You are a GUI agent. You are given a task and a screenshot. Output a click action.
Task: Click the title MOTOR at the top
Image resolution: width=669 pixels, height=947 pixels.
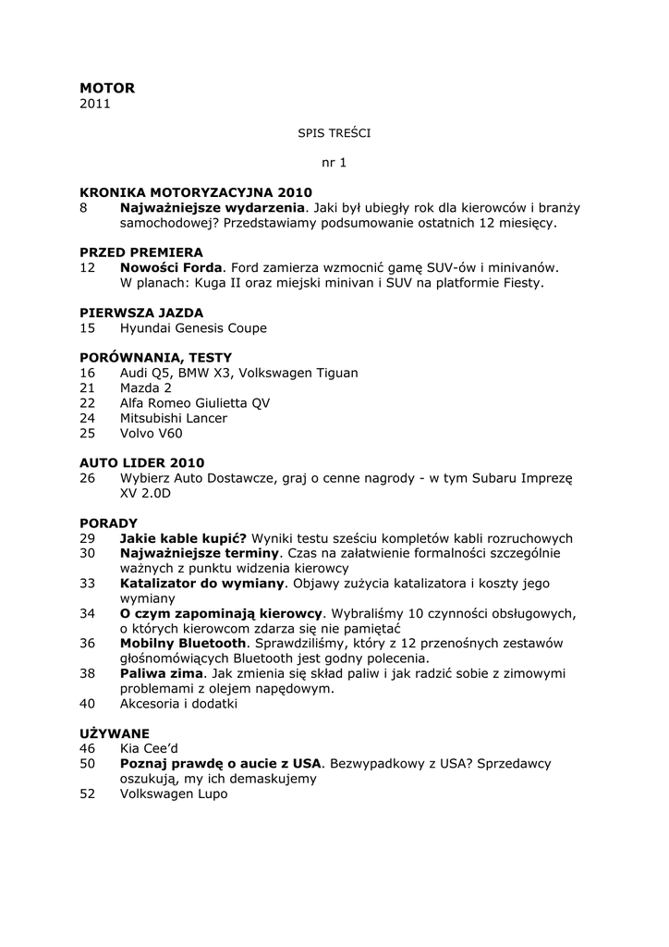pos(107,88)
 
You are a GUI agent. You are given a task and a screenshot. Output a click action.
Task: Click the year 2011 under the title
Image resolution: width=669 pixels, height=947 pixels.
pos(94,104)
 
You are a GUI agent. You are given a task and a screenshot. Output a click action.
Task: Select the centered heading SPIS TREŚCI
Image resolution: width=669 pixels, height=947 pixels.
pos(334,133)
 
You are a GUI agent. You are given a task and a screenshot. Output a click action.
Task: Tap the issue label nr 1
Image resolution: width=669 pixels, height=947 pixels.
pos(334,163)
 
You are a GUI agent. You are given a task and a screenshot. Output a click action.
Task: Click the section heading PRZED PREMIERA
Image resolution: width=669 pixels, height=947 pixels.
pos(141,252)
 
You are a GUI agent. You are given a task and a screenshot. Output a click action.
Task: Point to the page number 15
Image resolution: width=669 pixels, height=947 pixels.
pos(88,327)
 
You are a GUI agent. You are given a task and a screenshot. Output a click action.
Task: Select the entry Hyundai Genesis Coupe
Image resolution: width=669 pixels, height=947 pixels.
pos(193,327)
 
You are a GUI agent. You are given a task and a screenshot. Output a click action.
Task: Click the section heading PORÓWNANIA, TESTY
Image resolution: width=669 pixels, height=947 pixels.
pos(156,357)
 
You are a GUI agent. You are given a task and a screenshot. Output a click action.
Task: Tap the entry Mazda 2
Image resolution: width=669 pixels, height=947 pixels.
pos(146,387)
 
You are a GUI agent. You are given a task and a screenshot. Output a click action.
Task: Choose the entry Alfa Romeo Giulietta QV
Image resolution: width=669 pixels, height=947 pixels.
pos(195,402)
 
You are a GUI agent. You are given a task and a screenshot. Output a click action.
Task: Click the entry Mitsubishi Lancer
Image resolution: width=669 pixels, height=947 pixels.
pos(174,417)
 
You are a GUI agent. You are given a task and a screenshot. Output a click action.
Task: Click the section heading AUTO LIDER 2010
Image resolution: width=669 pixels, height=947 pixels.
pos(142,462)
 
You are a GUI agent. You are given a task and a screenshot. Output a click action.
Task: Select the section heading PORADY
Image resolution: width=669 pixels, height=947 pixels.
pos(108,523)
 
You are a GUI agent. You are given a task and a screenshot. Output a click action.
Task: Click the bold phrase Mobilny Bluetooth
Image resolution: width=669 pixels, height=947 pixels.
pos(183,643)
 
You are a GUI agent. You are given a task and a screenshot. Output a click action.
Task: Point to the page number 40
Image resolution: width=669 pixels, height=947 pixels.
pos(88,703)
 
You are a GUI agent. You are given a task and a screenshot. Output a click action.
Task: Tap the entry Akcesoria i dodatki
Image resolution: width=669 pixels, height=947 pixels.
pos(178,703)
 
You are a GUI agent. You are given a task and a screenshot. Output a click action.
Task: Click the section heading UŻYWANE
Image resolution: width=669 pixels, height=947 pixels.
pos(115,733)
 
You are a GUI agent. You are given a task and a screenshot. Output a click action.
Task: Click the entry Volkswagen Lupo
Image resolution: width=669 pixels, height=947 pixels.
pos(174,793)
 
